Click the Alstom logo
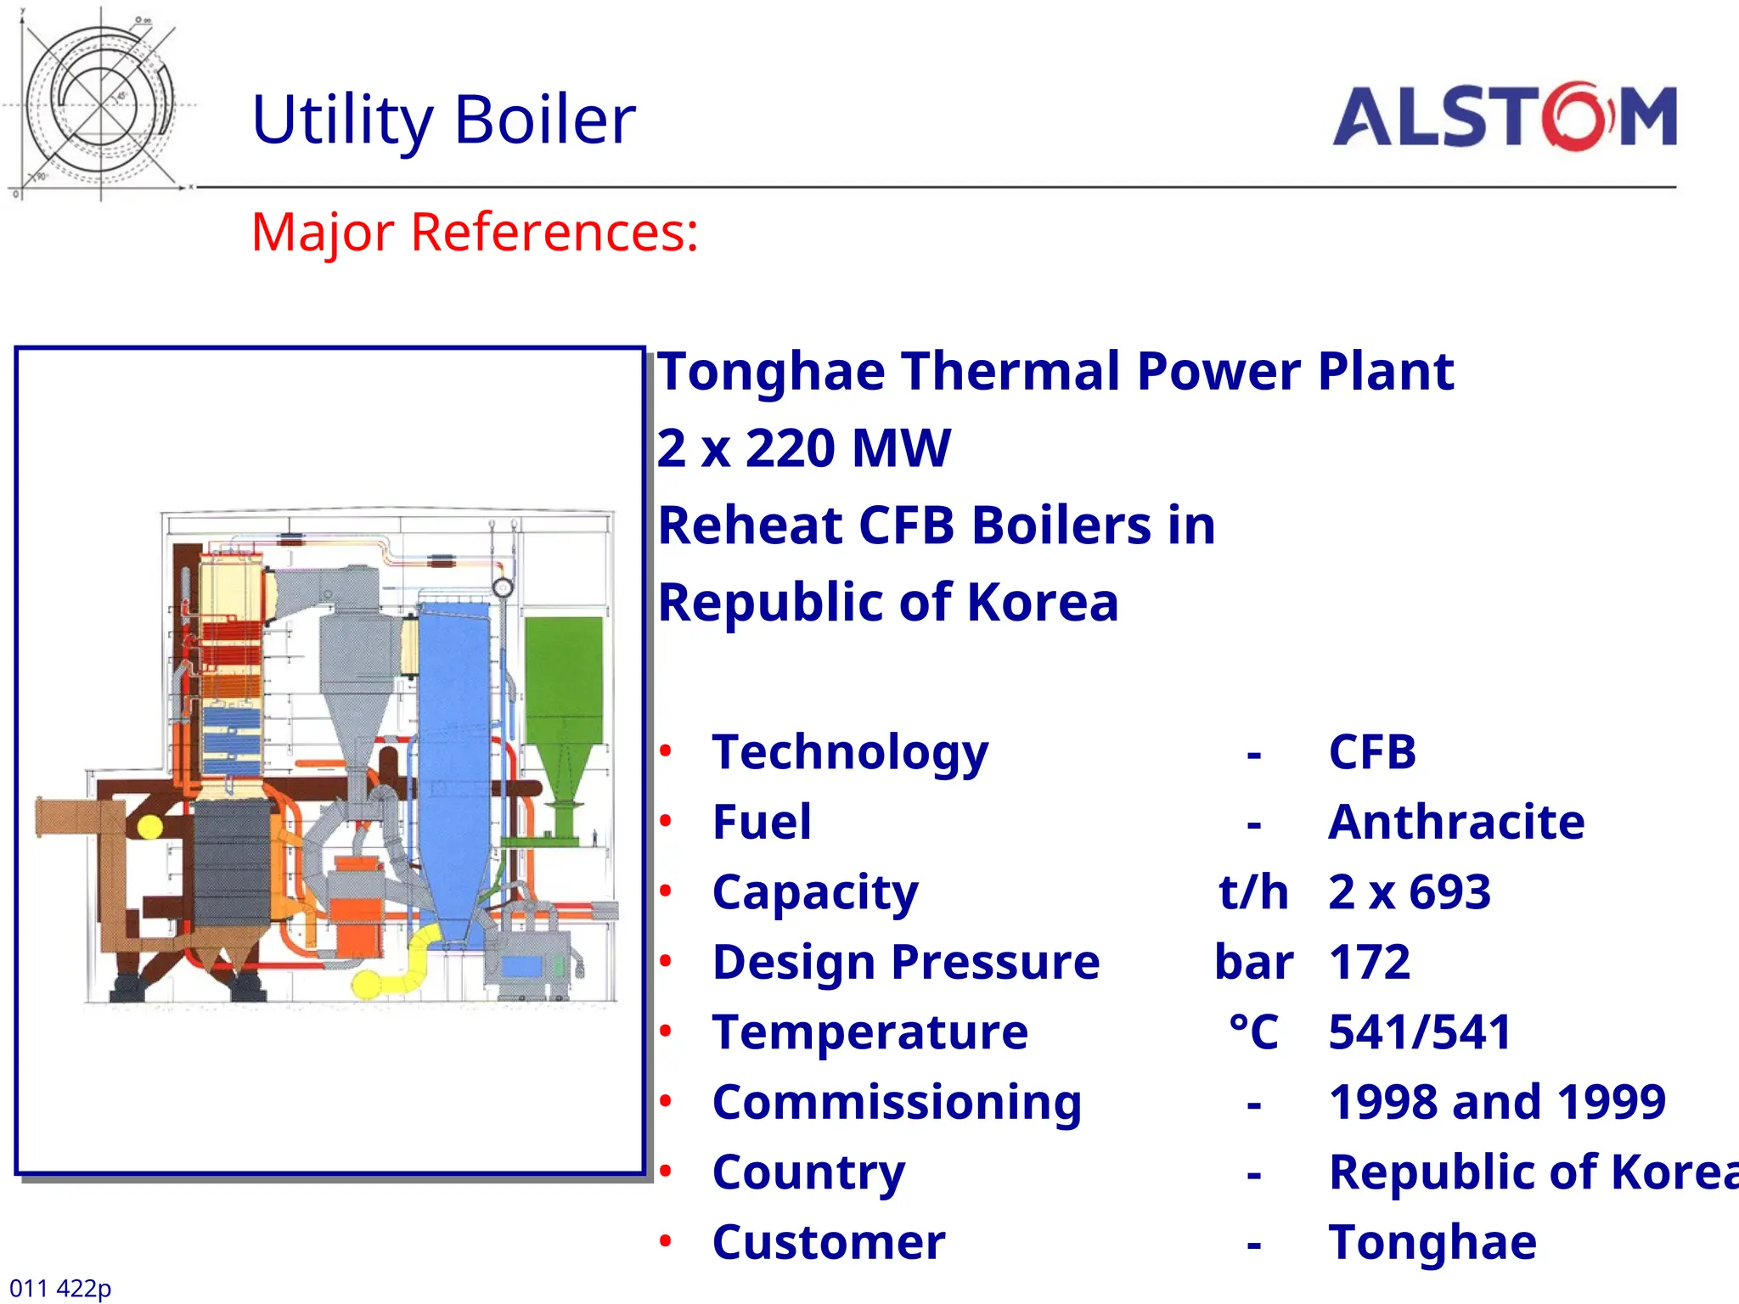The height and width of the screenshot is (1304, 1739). point(1504,117)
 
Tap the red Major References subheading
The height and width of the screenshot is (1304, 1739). point(475,232)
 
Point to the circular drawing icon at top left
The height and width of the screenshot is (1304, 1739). point(100,104)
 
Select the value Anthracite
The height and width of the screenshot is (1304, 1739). point(1455,822)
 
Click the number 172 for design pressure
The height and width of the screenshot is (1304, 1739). point(1369,962)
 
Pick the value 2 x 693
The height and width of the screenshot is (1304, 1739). point(1409,892)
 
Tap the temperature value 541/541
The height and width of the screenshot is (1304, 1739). point(1419,1032)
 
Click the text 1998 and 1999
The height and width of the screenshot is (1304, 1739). point(1496,1102)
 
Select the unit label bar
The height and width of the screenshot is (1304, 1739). point(1253,962)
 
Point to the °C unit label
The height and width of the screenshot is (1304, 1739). point(1253,1032)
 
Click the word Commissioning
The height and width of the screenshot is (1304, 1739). point(897,1102)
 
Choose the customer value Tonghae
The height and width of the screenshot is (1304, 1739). point(1432,1242)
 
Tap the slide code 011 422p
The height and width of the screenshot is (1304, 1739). point(60,1288)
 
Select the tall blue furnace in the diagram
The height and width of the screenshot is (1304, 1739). point(454,747)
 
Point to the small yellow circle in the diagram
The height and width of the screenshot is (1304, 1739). point(149,826)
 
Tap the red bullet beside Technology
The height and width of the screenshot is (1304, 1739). point(666,751)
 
